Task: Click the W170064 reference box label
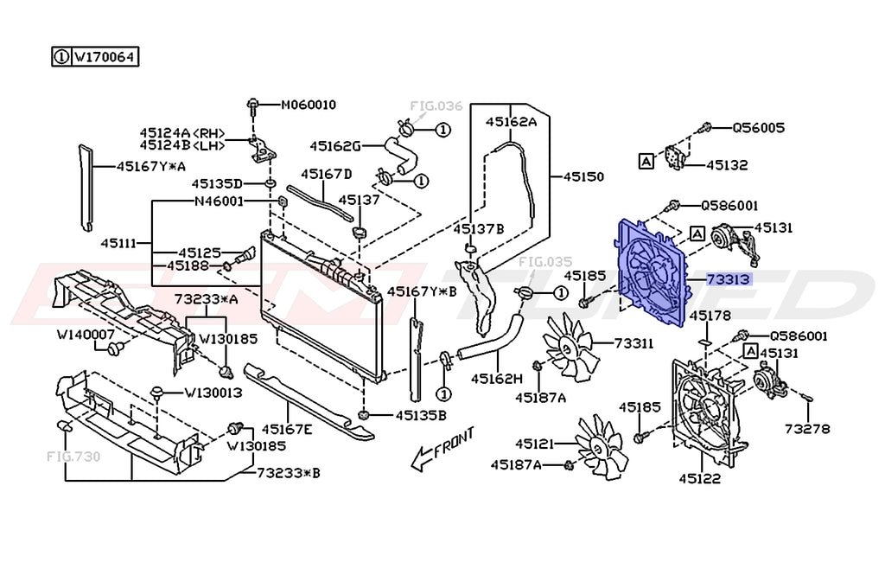[x=104, y=58]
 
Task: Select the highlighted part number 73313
[x=729, y=279]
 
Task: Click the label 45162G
[x=334, y=145]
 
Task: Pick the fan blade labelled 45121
[x=600, y=445]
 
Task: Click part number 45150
[x=583, y=176]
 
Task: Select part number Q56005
[x=758, y=128]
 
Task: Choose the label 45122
[x=699, y=477]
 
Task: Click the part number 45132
[x=727, y=164]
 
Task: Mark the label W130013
[x=212, y=393]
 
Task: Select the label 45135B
[x=421, y=415]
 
